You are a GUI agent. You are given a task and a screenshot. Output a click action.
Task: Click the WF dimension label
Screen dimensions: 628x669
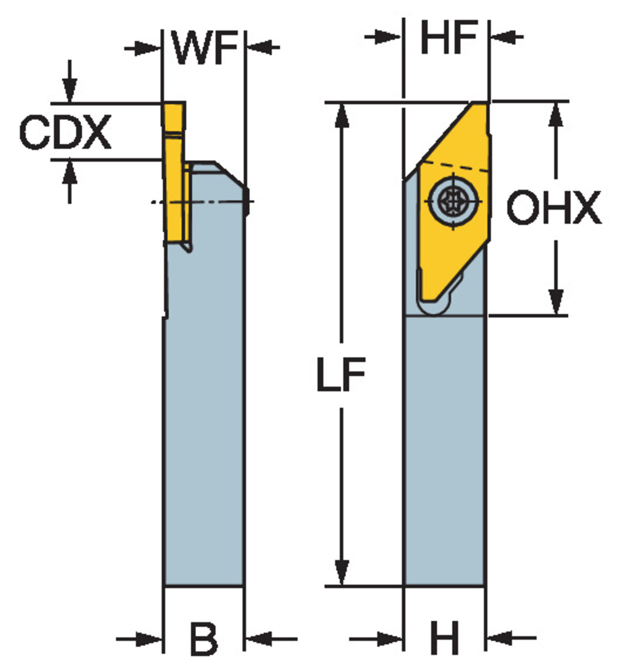click(205, 47)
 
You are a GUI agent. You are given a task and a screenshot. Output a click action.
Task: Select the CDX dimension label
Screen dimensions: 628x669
click(65, 132)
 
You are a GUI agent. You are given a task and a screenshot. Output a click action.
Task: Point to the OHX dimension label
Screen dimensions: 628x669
click(554, 207)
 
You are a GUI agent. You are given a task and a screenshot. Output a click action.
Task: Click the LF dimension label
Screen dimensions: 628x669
click(341, 374)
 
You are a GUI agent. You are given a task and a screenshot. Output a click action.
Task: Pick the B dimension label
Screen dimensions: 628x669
click(204, 639)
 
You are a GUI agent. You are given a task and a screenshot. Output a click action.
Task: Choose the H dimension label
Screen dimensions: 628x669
click(445, 638)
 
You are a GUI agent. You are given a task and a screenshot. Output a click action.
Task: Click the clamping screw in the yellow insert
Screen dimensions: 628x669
click(453, 201)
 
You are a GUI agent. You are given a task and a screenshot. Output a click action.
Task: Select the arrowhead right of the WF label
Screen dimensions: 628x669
click(260, 47)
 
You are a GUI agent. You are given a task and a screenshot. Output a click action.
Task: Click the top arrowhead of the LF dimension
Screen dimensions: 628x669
click(342, 115)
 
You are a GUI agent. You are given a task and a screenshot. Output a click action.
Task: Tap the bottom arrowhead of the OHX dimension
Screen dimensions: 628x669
click(556, 301)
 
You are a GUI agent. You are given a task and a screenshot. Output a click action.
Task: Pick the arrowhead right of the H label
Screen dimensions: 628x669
click(500, 638)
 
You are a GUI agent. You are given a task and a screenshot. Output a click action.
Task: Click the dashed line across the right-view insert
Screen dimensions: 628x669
click(454, 167)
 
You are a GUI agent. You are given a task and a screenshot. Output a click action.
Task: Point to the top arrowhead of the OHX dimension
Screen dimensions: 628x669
click(556, 115)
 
